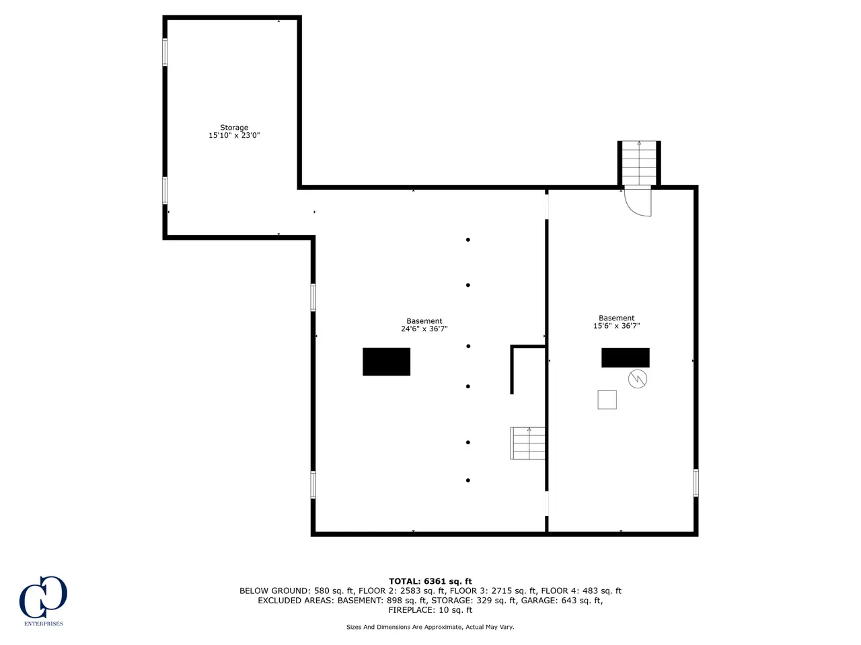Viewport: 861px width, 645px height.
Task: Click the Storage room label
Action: pyautogui.click(x=234, y=127)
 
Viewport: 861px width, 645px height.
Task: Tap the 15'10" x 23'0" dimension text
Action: pyautogui.click(x=234, y=135)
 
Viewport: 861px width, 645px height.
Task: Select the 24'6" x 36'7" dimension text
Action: pyautogui.click(x=424, y=329)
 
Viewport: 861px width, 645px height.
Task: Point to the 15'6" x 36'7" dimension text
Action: pyautogui.click(x=616, y=325)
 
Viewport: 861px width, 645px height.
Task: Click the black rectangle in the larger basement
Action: pyautogui.click(x=386, y=361)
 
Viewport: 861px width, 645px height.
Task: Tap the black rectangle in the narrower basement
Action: pyautogui.click(x=626, y=357)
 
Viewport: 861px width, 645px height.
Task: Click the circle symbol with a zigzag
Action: pyautogui.click(x=638, y=379)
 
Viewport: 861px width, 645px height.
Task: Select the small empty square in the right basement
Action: pyautogui.click(x=607, y=400)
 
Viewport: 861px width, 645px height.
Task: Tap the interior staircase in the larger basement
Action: pyautogui.click(x=527, y=443)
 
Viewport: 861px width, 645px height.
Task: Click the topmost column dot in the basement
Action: pyautogui.click(x=468, y=240)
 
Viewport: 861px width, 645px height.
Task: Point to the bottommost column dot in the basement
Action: pyautogui.click(x=468, y=480)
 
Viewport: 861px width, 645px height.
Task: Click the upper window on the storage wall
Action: pyautogui.click(x=165, y=52)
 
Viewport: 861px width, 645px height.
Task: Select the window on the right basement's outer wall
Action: pyautogui.click(x=696, y=483)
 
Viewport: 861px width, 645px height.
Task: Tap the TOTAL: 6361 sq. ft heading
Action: pyautogui.click(x=430, y=581)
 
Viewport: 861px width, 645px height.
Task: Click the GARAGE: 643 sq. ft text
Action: pyautogui.click(x=562, y=601)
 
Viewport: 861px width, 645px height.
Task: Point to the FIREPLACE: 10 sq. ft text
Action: pyautogui.click(x=430, y=610)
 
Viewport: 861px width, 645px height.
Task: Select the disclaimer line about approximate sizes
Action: pyautogui.click(x=430, y=627)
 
